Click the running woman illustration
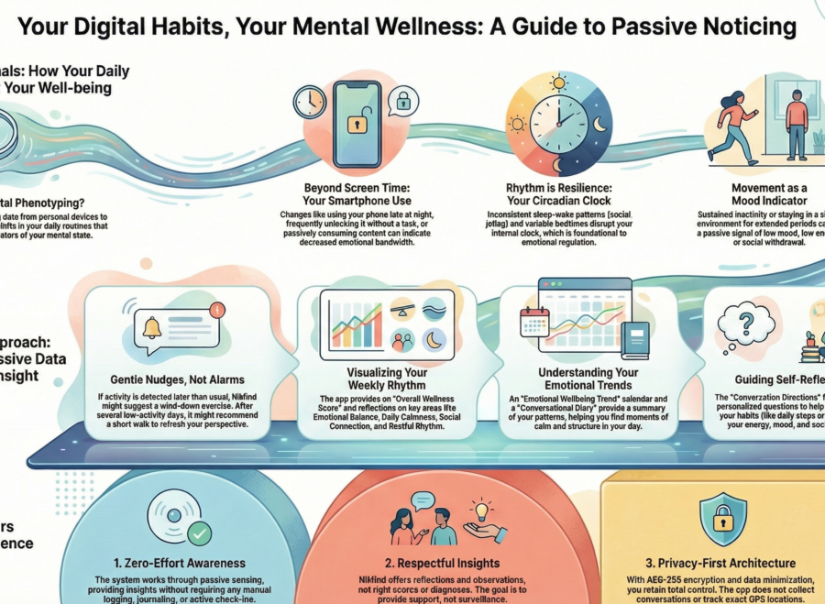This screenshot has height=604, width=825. coord(733,123)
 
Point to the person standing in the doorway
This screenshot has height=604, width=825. coord(796,121)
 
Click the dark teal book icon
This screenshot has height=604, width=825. coord(634,339)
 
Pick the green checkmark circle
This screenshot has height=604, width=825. coord(198,533)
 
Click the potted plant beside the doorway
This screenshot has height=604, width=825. coord(819,139)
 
